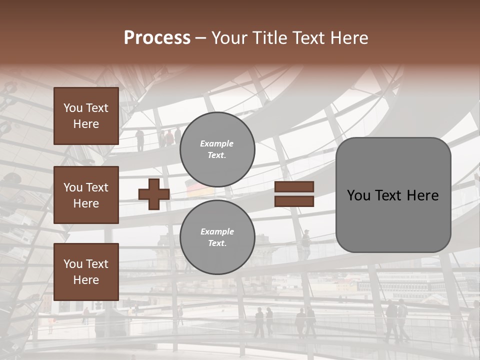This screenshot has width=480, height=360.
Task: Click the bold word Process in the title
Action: point(157,38)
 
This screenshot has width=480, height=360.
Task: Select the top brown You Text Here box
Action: point(86,116)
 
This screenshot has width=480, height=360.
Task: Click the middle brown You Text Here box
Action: point(86,195)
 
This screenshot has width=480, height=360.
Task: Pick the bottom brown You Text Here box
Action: point(86,272)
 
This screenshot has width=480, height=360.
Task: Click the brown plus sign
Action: point(154,194)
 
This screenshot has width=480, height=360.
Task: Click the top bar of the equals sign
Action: point(294,187)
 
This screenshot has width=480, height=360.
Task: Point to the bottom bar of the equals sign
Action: point(294,201)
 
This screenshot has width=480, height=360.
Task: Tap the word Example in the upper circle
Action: point(216,143)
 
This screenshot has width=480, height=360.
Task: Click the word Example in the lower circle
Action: point(217,231)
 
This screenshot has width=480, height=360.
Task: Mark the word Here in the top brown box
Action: point(86,124)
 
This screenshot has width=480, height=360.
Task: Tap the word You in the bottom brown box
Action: point(73,264)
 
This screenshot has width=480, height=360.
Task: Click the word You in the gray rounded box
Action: point(358,195)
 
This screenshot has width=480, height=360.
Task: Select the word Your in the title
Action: point(229,38)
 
